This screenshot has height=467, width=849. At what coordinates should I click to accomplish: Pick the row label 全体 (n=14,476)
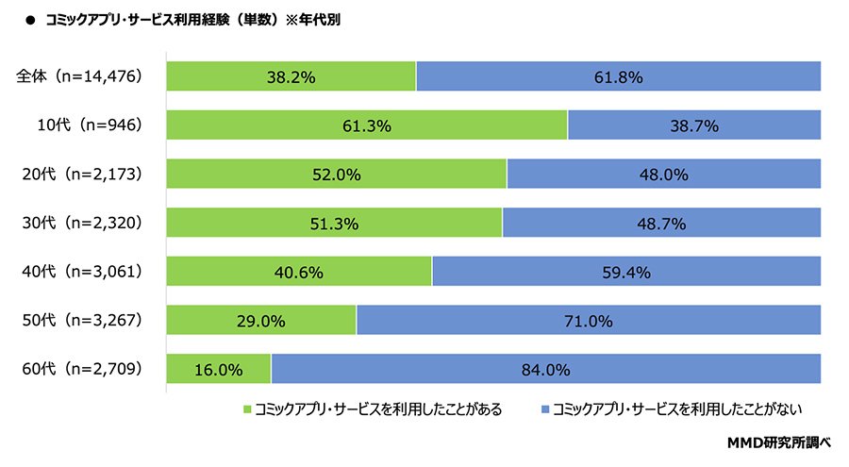pyautogui.click(x=79, y=76)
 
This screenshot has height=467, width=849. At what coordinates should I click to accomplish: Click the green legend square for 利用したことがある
pyautogui.click(x=249, y=409)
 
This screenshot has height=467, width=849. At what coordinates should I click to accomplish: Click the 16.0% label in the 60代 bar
pyautogui.click(x=218, y=370)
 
